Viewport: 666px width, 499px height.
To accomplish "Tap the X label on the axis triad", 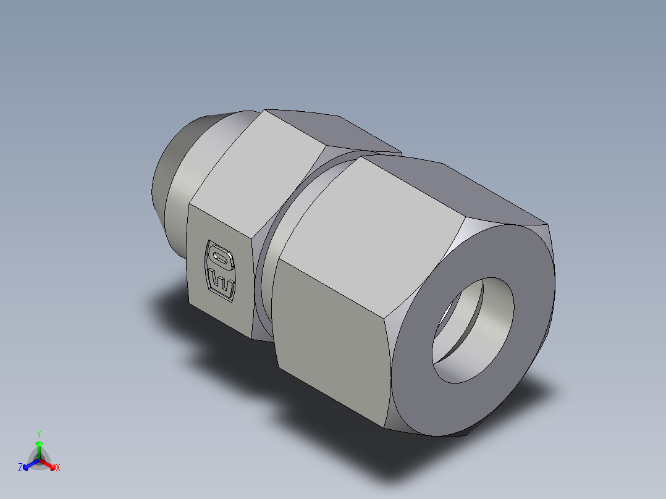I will [58, 468].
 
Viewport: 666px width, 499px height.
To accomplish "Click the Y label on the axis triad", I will [38, 434].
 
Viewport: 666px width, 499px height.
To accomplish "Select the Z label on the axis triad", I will [20, 468].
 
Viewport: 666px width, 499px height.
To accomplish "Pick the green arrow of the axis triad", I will [38, 448].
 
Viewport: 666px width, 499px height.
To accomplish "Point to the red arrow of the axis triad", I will [49, 464].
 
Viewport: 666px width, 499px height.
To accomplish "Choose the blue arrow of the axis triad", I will [28, 464].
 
